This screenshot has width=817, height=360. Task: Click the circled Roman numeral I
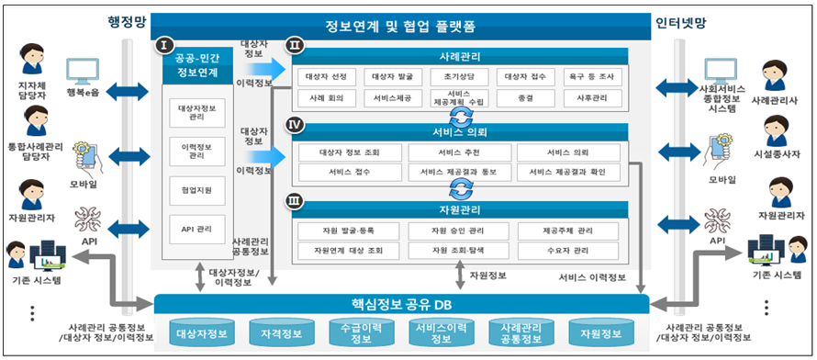pos(164,44)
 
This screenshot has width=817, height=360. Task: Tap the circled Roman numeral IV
pos(295,122)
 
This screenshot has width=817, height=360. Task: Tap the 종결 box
pos(526,97)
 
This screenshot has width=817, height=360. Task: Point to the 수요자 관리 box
pos(568,250)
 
